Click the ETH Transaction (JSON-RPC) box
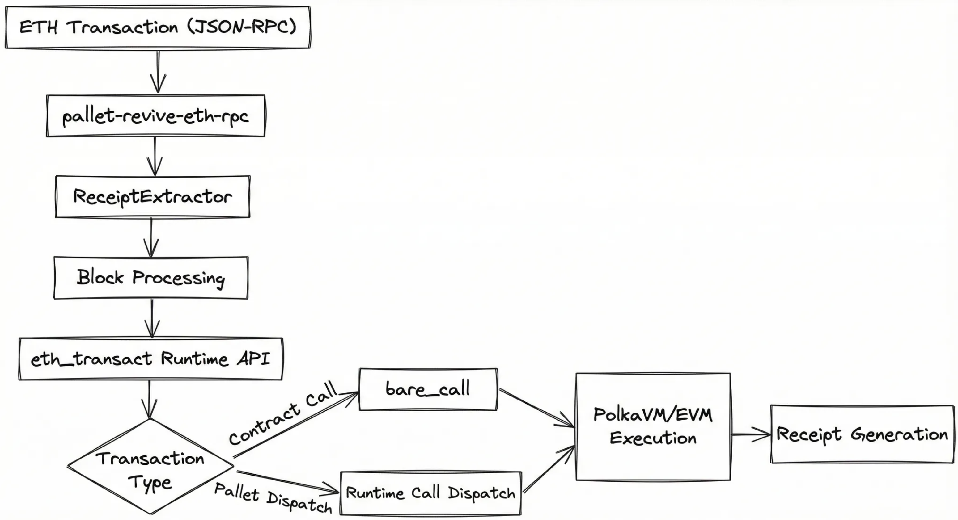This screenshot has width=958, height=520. [x=158, y=27]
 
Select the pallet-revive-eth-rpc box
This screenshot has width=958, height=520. [x=155, y=116]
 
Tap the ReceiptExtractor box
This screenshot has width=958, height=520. [x=152, y=197]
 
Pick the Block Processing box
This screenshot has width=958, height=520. [x=150, y=278]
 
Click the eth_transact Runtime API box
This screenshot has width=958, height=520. [x=150, y=359]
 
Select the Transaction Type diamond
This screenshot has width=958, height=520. [x=150, y=467]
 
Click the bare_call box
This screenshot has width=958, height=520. [x=428, y=389]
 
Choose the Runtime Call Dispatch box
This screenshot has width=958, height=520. [x=431, y=493]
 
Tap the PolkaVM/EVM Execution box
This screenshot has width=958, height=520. [x=653, y=427]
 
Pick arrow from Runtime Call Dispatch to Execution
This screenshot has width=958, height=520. [x=548, y=469]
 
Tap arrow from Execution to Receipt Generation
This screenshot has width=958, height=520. [x=750, y=434]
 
